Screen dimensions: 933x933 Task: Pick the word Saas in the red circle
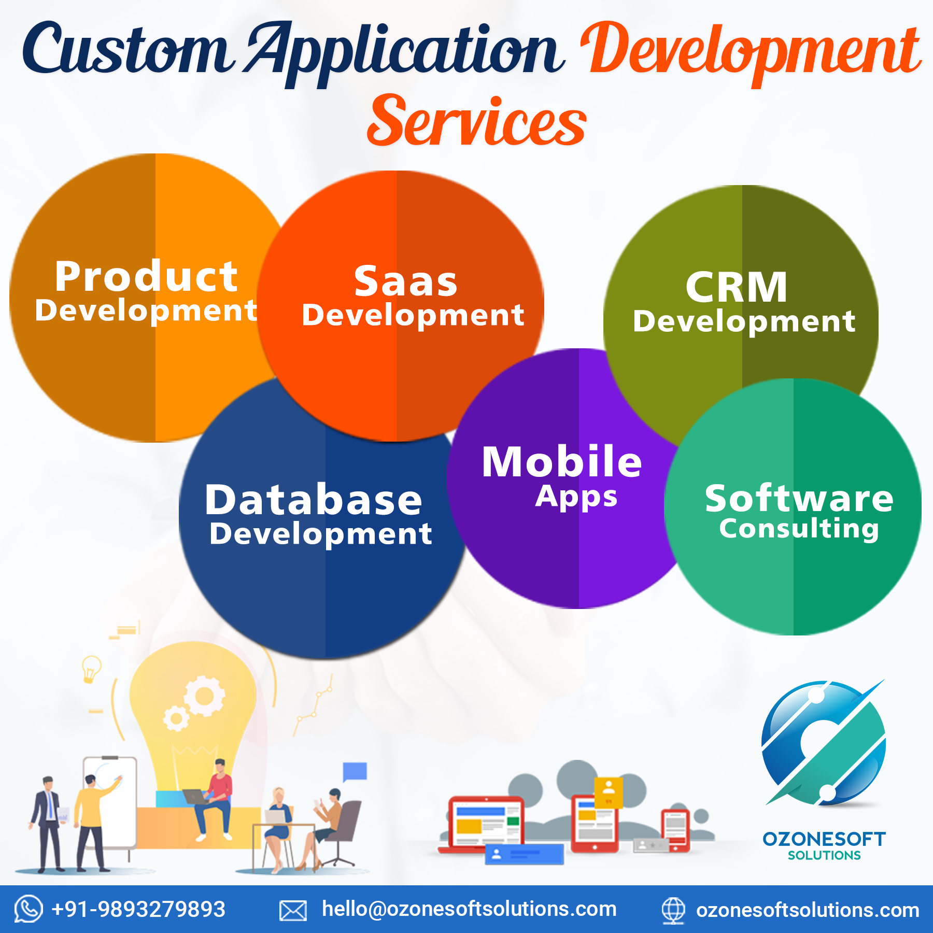click(406, 281)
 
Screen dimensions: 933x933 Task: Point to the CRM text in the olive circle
click(737, 287)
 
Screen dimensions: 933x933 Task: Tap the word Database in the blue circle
click(314, 500)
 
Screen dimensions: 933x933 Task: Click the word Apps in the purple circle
click(576, 497)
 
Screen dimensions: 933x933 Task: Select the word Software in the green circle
click(799, 498)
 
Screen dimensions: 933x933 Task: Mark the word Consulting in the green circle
click(799, 529)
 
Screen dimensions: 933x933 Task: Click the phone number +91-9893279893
click(138, 910)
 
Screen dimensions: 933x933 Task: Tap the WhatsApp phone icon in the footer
click(28, 909)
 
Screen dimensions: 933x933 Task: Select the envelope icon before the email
click(293, 911)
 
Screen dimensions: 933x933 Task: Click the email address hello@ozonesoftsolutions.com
click(469, 909)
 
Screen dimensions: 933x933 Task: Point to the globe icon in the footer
click(673, 910)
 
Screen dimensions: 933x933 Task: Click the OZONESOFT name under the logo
click(824, 839)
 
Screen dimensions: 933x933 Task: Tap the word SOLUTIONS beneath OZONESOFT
click(824, 856)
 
